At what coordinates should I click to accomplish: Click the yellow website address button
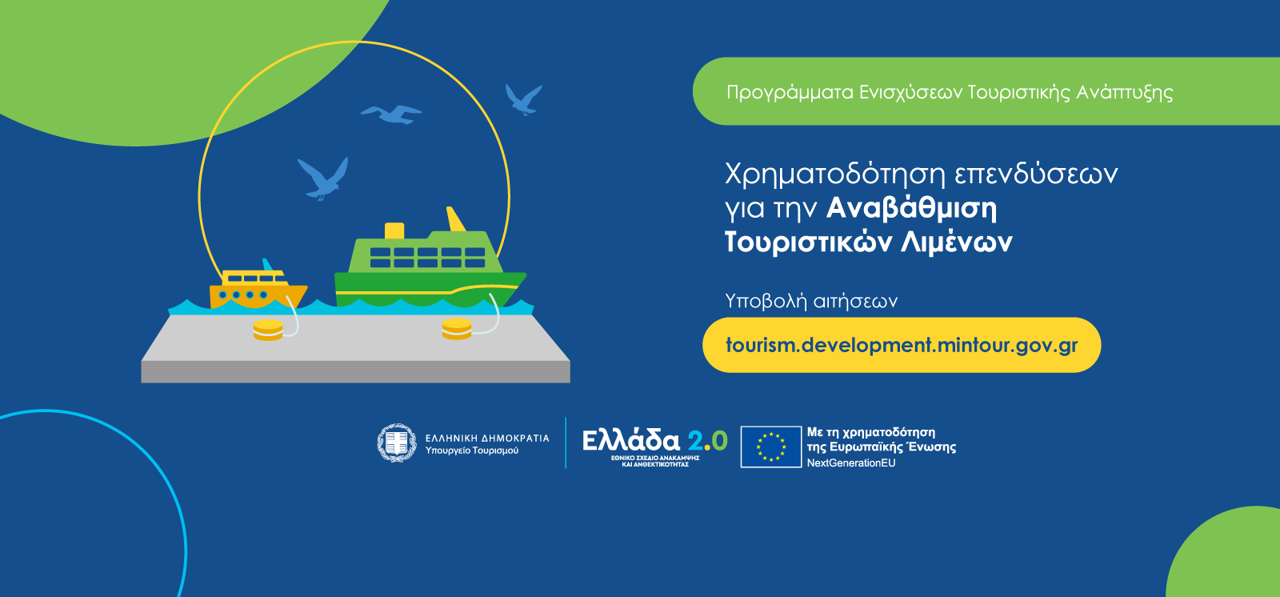901,345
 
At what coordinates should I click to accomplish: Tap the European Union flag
771,447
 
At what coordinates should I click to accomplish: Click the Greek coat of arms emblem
397,443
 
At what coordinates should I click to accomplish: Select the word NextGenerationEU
851,463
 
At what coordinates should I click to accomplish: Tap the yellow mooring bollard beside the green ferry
457,329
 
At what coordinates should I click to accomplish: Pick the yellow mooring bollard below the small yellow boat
268,330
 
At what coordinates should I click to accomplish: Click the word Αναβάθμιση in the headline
911,208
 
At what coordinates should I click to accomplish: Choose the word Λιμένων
957,242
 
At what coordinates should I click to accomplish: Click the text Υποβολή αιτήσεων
811,301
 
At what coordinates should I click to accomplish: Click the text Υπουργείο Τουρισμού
472,451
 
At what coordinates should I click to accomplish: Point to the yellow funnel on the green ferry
394,231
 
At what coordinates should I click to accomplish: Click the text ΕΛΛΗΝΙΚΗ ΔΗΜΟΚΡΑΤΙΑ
487,438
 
